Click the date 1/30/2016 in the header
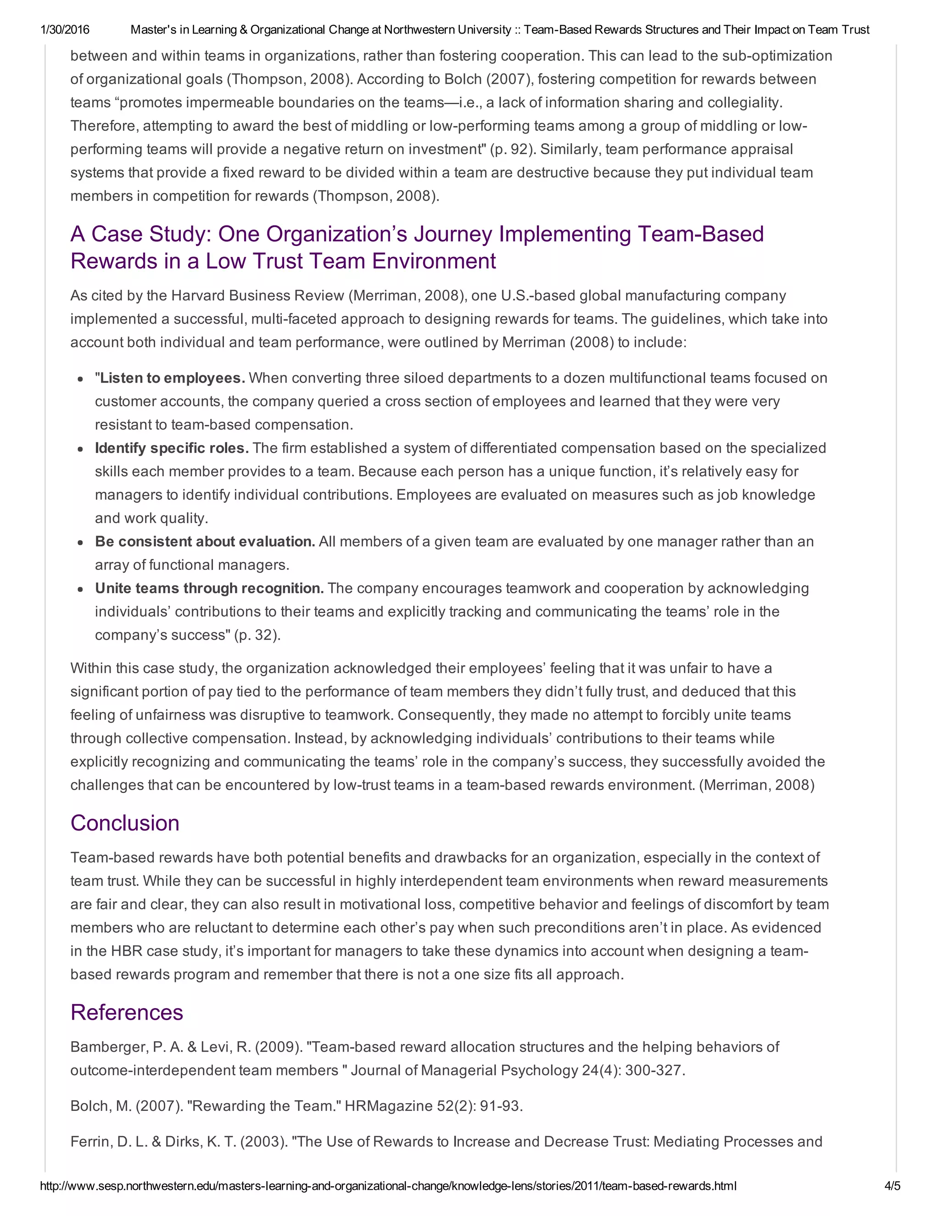click(x=65, y=29)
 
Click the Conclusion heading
click(x=125, y=823)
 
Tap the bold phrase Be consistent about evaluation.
click(x=205, y=542)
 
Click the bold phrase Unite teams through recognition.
click(x=209, y=589)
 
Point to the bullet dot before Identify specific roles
click(x=81, y=449)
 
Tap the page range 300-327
click(x=655, y=1070)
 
